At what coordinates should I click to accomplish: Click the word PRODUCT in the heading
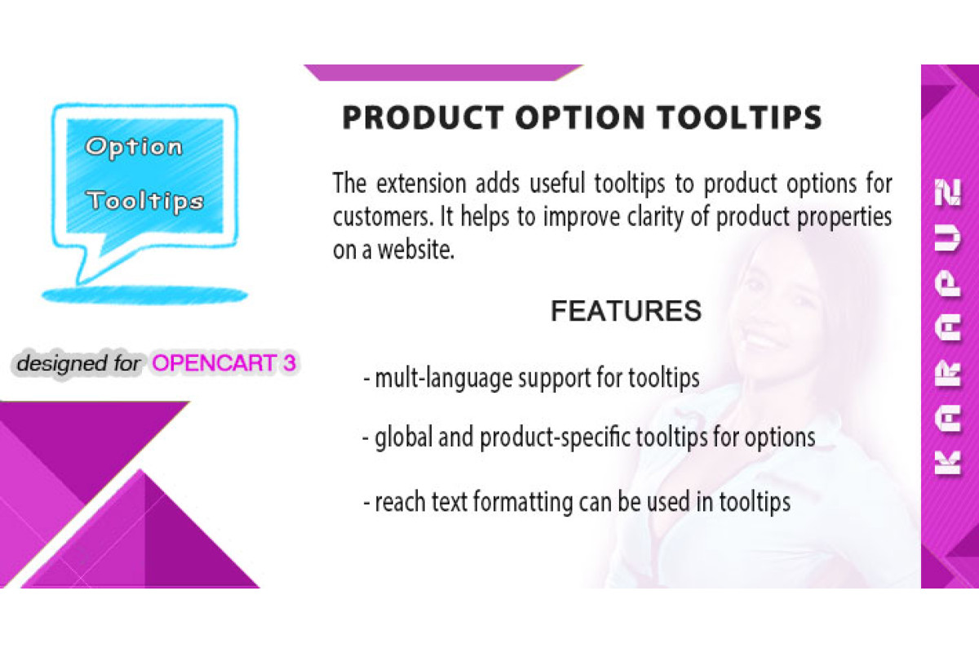pyautogui.click(x=423, y=118)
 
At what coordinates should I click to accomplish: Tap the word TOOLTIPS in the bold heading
pyautogui.click(x=740, y=118)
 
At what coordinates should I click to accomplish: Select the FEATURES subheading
pyautogui.click(x=626, y=311)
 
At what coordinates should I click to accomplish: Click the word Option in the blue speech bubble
pyautogui.click(x=134, y=148)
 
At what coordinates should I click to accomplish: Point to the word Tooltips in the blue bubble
pyautogui.click(x=145, y=202)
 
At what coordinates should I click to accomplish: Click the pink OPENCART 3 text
pyautogui.click(x=224, y=363)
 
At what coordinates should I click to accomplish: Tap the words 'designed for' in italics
pyautogui.click(x=78, y=363)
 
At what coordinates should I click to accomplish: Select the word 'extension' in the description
pyautogui.click(x=421, y=184)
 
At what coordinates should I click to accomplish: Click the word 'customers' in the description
pyautogui.click(x=383, y=217)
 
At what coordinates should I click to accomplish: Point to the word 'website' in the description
pyautogui.click(x=415, y=250)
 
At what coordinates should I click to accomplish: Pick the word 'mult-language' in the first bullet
pyautogui.click(x=443, y=378)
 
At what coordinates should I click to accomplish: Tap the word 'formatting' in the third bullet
pyautogui.click(x=523, y=502)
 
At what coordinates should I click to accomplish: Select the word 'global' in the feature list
pyautogui.click(x=403, y=438)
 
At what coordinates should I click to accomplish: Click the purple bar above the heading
pyautogui.click(x=443, y=73)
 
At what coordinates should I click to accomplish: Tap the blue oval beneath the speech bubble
pyautogui.click(x=144, y=295)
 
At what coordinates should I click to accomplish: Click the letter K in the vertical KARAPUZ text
pyautogui.click(x=947, y=463)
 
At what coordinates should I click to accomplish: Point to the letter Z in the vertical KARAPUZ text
pyautogui.click(x=948, y=192)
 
